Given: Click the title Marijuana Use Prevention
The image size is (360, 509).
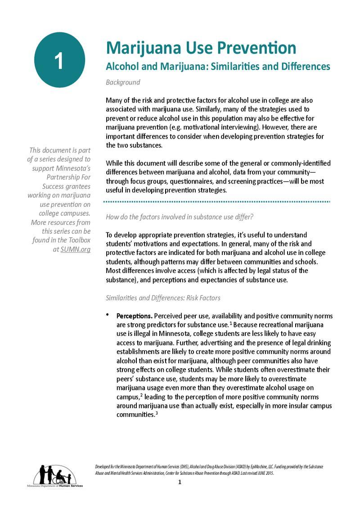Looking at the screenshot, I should point(201,48).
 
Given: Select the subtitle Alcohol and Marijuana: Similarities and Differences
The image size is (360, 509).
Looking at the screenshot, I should point(218,67).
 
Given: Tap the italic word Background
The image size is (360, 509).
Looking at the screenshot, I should point(123,82).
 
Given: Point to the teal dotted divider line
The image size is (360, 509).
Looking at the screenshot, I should point(218,202).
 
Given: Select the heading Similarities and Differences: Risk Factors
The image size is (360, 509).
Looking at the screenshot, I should point(163,298).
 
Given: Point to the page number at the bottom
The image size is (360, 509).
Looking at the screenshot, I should point(180,482).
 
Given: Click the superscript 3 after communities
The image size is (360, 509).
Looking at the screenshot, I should point(156,413).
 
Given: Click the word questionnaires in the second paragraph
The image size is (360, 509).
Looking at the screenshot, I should point(172,181).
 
